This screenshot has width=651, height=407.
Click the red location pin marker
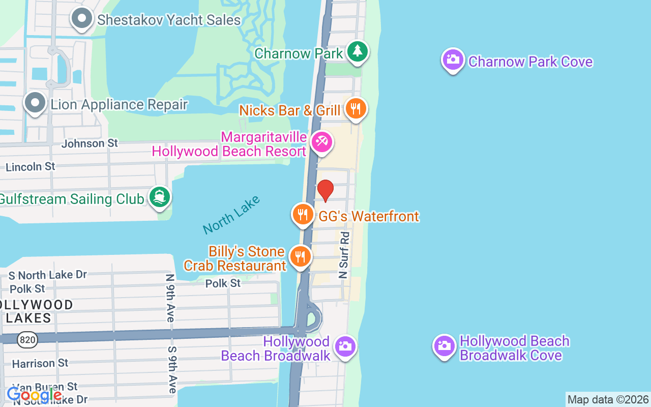pos(325,190)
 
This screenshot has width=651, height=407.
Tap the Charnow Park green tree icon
pos(358,51)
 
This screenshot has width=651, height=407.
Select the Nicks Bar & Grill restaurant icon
pos(356,108)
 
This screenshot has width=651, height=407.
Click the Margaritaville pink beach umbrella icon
pos(321,142)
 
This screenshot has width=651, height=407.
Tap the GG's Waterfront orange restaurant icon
pos(303,214)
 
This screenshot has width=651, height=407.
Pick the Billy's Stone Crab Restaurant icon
pos(300,256)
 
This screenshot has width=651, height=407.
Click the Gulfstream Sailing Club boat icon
pos(160,197)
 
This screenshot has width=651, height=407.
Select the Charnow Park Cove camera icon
pos(453,60)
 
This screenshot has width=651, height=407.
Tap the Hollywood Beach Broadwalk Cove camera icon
pos(445,346)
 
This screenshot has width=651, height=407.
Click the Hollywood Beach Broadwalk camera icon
pos(345,346)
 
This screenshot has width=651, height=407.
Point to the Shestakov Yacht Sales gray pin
pos(81,19)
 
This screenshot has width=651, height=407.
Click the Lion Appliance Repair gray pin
pos(35,103)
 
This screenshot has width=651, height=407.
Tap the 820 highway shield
pos(27,340)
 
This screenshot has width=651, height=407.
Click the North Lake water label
pos(231,215)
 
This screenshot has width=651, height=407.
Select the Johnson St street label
pos(90,143)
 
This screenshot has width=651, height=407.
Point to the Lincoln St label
pos(30,166)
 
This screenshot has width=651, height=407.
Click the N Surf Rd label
pos(344,255)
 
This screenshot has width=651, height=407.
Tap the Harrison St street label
pos(40,363)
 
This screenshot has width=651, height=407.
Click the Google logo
pos(34,395)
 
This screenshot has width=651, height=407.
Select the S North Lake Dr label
pos(48,275)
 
